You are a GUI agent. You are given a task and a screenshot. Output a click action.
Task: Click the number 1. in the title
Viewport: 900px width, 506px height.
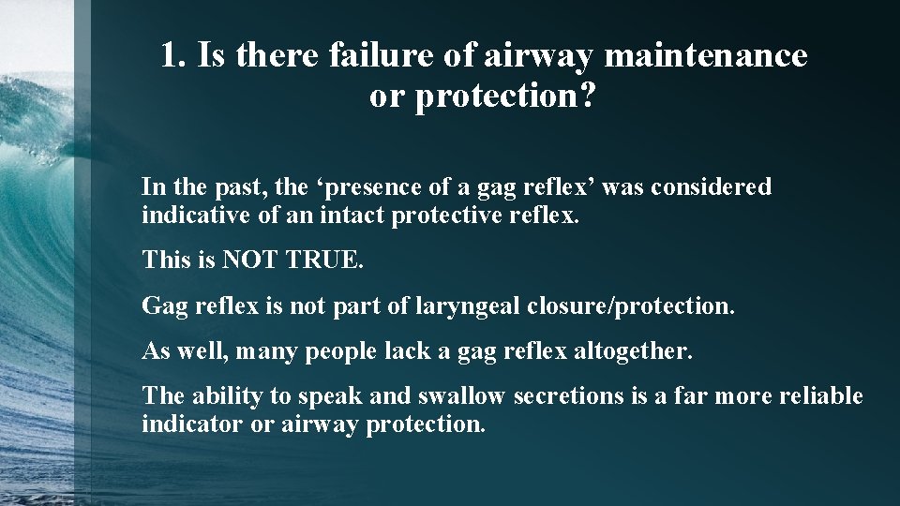pyautogui.click(x=171, y=55)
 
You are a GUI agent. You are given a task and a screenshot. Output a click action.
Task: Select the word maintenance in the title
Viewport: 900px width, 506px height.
pyautogui.click(x=705, y=55)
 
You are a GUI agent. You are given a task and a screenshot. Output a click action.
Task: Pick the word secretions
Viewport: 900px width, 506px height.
pyautogui.click(x=568, y=396)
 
